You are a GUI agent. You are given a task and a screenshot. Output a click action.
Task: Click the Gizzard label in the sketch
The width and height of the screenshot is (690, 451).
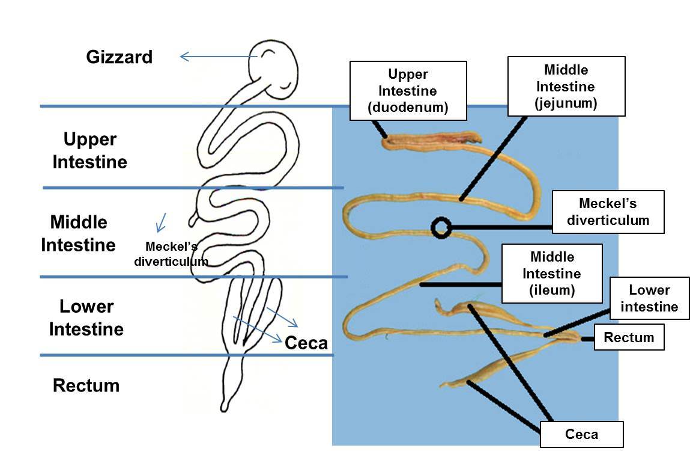(119, 57)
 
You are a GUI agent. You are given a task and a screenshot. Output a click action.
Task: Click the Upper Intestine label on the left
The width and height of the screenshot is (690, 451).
(90, 151)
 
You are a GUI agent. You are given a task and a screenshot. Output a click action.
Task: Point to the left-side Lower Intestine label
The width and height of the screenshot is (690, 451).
(86, 318)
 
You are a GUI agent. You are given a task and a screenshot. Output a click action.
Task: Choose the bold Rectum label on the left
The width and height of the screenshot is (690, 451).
(86, 385)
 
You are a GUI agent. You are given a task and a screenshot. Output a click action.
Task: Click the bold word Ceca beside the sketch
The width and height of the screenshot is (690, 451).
(306, 343)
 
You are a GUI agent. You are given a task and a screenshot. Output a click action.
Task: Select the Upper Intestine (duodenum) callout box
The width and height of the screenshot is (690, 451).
(408, 91)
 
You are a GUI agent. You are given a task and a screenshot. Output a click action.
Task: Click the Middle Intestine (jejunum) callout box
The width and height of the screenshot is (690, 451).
(566, 87)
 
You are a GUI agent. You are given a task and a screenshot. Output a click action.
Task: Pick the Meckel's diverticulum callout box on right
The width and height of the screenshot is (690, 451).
(608, 212)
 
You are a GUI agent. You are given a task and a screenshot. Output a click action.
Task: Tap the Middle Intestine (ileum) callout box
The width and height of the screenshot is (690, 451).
(551, 274)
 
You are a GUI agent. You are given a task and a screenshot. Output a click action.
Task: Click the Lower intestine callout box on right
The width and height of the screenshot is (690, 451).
(649, 299)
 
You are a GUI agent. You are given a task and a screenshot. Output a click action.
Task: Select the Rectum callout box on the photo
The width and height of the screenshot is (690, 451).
(629, 337)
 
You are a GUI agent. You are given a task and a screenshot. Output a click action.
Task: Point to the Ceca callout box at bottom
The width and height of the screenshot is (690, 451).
(581, 434)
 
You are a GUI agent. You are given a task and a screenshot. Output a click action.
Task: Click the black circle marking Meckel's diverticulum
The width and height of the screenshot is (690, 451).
(441, 227)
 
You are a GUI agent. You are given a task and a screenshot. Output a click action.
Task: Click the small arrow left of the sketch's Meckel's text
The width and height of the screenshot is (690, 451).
(161, 222)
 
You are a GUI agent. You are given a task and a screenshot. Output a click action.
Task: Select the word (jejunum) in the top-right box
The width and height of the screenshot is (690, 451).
(566, 103)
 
